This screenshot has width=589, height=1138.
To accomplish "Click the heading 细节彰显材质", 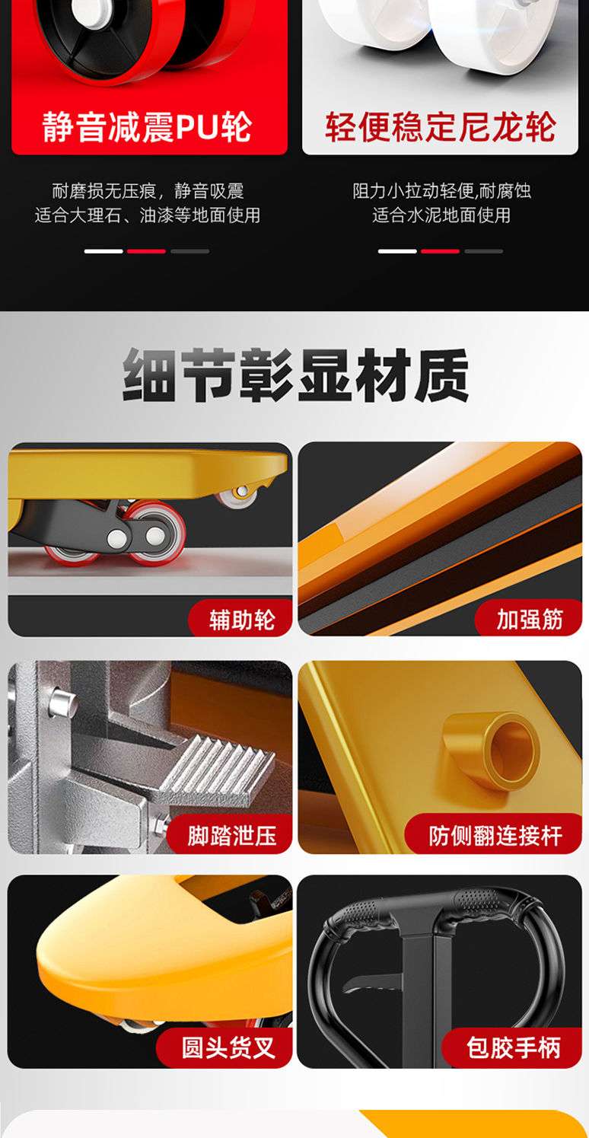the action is click(x=295, y=375).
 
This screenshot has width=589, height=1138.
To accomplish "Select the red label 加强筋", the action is click(x=529, y=619).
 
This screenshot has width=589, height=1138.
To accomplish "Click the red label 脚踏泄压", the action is click(x=231, y=836).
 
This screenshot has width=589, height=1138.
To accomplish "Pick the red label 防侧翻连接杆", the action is click(x=495, y=836).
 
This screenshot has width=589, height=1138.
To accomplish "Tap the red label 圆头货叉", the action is click(x=228, y=1047).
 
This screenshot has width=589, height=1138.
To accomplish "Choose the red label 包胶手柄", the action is click(x=513, y=1047).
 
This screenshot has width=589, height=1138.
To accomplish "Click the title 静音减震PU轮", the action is click(x=147, y=127).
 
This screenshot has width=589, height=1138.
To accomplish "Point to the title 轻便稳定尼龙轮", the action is click(x=440, y=127).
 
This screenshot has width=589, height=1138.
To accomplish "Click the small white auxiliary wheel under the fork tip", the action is click(x=239, y=496).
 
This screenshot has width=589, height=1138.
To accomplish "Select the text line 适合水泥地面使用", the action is click(x=441, y=215).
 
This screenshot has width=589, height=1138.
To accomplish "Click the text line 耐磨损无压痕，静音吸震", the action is click(x=148, y=191).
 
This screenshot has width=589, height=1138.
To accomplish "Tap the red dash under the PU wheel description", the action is click(x=146, y=251).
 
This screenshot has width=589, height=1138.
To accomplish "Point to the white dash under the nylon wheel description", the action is click(x=397, y=251).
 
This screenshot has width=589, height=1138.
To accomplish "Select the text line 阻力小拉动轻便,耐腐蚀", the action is click(x=441, y=191).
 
